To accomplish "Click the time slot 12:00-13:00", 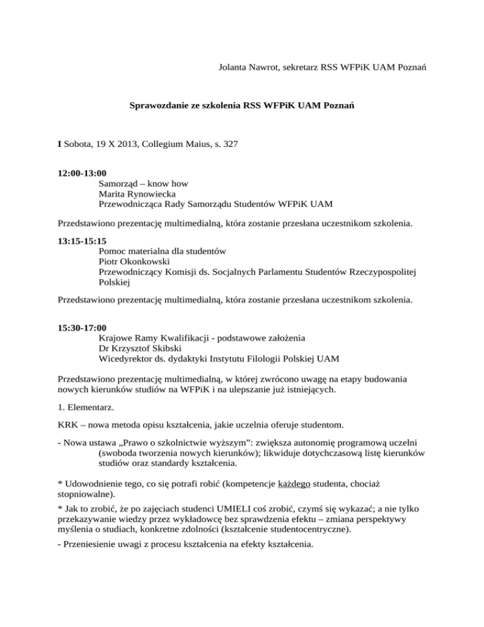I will (x=82, y=172).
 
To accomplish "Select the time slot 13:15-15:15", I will (x=82, y=240).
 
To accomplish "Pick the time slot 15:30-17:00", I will (x=82, y=327).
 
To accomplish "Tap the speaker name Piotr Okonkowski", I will (x=137, y=262).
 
